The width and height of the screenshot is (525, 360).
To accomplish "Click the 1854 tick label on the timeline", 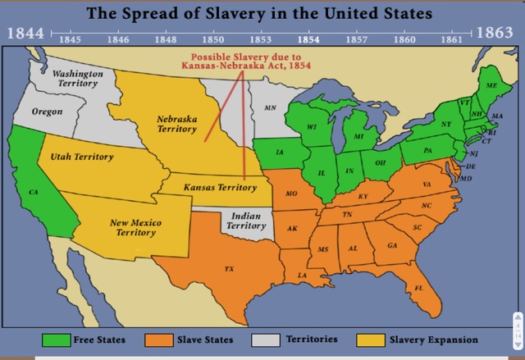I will [308, 39].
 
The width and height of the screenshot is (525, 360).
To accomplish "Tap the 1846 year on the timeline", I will [118, 39].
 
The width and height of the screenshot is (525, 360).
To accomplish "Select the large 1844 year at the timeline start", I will [27, 34].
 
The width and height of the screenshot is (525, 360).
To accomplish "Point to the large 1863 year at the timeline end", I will [497, 34].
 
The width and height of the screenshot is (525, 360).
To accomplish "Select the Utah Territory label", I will [82, 156].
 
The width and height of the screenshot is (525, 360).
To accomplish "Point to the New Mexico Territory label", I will [135, 227].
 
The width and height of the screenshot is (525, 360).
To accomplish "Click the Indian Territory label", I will [245, 220].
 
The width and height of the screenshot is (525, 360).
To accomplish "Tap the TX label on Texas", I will [229, 269].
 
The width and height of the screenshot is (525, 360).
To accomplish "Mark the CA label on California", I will [34, 191].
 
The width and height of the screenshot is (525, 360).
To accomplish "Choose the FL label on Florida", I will [418, 287].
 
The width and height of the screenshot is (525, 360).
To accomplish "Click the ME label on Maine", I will [491, 85].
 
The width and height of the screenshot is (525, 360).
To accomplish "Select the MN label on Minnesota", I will [270, 107].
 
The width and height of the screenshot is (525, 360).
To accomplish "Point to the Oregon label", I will [47, 111].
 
